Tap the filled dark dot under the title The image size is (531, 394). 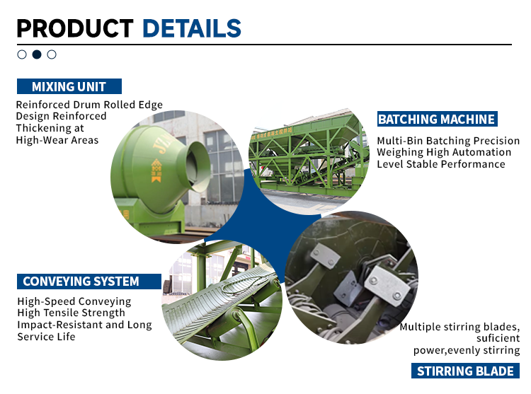click(x=37, y=54)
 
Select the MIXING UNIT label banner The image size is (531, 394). click(x=69, y=87)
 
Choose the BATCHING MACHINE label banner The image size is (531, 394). click(x=436, y=119)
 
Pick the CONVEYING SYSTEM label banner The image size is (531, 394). click(x=81, y=282)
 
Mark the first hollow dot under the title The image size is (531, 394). click(x=22, y=54)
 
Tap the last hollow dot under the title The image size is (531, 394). click(x=52, y=54)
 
